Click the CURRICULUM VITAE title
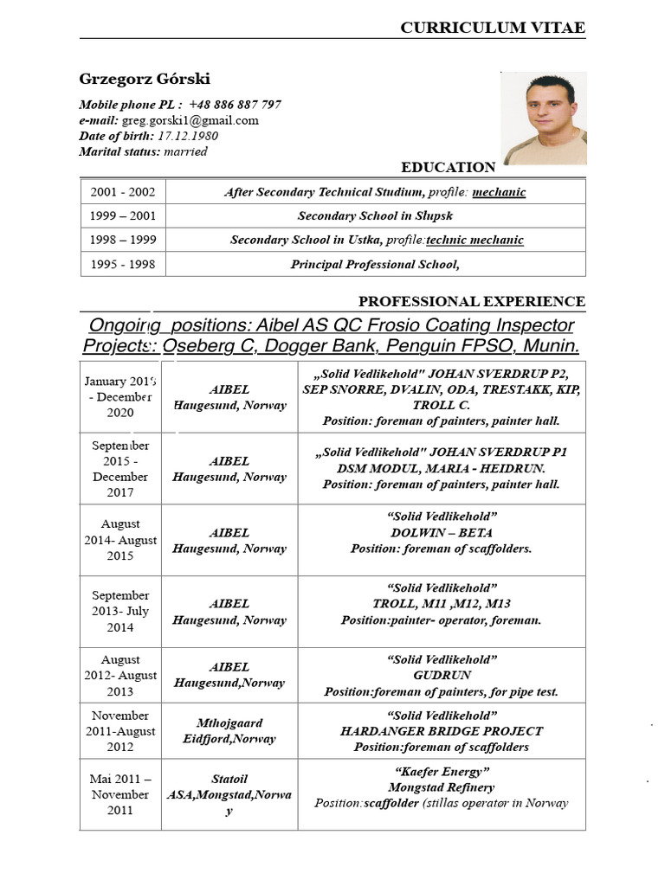pos(492,28)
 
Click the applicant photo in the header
pos(543,119)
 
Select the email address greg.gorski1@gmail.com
pos(191,120)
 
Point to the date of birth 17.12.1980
pos(187,136)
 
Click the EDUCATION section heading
pos(448,167)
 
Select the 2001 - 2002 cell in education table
pos(123,192)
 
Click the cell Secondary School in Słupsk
pos(375,215)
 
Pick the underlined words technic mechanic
pos(475,240)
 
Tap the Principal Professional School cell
pos(375,265)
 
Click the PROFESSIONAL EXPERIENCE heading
pos(472,301)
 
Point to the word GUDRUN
pos(442,676)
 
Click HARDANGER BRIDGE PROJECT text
pos(442,731)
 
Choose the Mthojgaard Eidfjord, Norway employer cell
pos(229,731)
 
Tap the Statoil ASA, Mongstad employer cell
pos(229,794)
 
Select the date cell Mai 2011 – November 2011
pos(121,794)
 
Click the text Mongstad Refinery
pos(442,787)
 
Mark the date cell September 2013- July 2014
pos(121,612)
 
